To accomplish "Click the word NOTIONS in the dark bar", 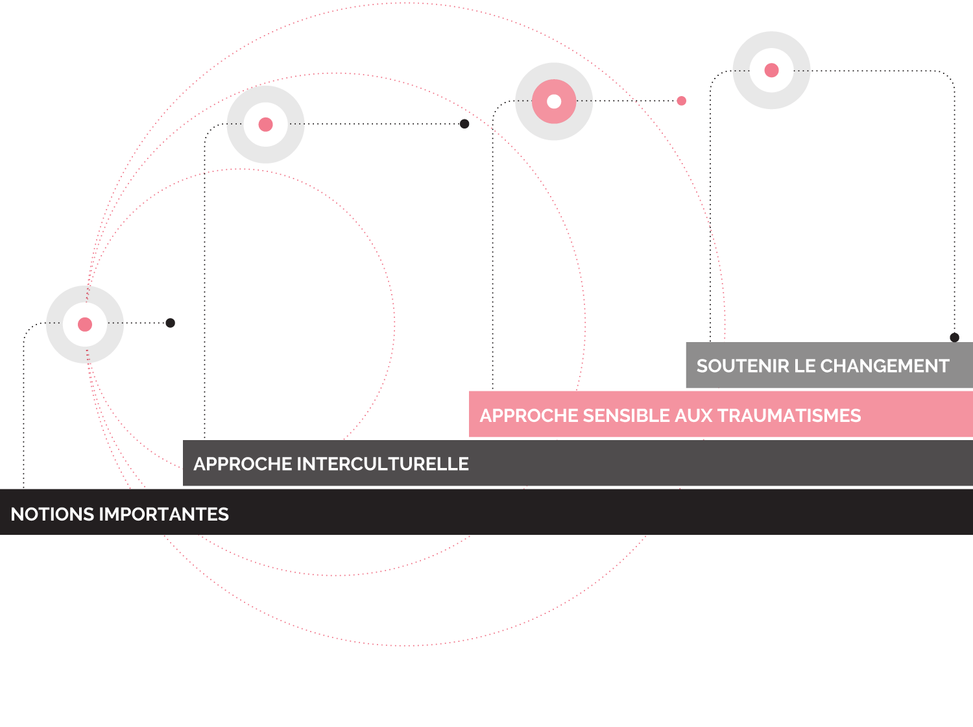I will pyautogui.click(x=51, y=514).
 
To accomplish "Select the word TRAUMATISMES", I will pyautogui.click(x=789, y=415).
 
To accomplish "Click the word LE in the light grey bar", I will pyautogui.click(x=805, y=366).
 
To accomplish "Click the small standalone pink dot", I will pyautogui.click(x=681, y=101).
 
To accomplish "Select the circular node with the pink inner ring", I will pyautogui.click(x=554, y=101).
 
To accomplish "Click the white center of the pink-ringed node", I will pyautogui.click(x=554, y=101).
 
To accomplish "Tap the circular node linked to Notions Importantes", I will pyautogui.click(x=85, y=324).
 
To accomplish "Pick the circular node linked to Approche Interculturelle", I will pyautogui.click(x=265, y=125).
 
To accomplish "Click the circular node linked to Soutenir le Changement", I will pyautogui.click(x=771, y=70).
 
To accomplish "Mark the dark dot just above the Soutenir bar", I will pyautogui.click(x=954, y=338).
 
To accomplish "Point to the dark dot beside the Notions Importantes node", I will pyautogui.click(x=170, y=323).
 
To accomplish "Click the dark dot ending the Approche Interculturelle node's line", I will pyautogui.click(x=464, y=123).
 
